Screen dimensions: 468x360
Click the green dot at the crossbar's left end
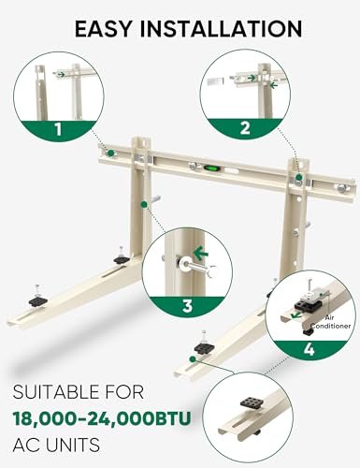(x=110, y=151)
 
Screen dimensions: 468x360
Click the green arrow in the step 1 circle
(x=62, y=74)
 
